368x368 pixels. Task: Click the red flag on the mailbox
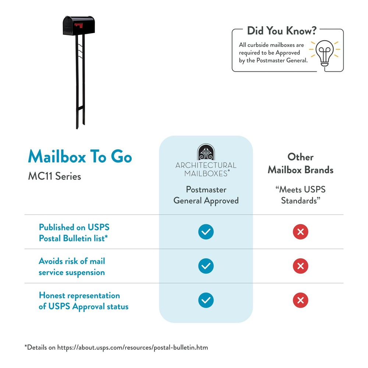coord(79,25)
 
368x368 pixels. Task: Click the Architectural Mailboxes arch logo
coord(206,152)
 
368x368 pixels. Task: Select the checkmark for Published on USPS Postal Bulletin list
coord(206,232)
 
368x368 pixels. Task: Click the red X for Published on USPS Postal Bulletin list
coord(300,232)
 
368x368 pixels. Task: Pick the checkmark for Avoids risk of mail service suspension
coord(206,266)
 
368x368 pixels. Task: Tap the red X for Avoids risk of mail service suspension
coord(300,266)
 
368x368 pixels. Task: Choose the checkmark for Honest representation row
coord(206,300)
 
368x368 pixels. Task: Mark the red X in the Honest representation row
coord(300,300)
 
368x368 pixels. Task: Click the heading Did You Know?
coord(282,31)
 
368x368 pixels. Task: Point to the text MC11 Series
coord(54,176)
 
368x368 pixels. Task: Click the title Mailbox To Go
coord(80,156)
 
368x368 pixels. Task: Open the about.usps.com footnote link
coord(132,348)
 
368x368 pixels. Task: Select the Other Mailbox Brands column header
coord(300,163)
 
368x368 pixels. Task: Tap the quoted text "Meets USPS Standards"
coord(300,195)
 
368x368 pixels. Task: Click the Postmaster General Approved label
coord(206,195)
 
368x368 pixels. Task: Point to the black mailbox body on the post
coord(79,26)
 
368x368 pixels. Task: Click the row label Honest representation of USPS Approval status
coord(84,301)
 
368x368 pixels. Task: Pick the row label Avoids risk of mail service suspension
coord(72,267)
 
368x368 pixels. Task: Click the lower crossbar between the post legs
coord(80,108)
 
